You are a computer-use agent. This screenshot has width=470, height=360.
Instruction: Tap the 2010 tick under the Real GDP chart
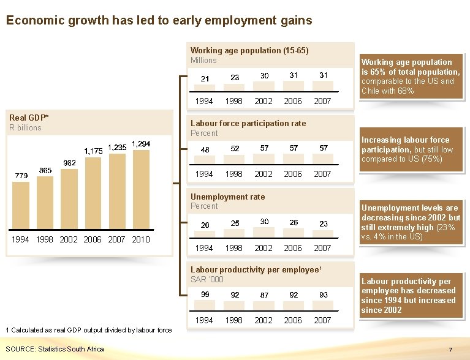click(x=141, y=239)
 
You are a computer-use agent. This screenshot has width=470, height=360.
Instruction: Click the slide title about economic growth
click(x=159, y=20)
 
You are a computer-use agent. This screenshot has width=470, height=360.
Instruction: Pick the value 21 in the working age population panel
click(x=205, y=78)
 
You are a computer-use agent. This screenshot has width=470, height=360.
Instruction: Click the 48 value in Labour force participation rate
click(x=205, y=150)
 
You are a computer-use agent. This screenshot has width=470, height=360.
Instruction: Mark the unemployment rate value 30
click(x=264, y=222)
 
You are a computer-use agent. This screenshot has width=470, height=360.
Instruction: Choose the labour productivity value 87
click(x=264, y=295)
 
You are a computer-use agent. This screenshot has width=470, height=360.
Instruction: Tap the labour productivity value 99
click(x=205, y=294)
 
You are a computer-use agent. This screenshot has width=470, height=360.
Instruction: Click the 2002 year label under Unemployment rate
click(x=264, y=248)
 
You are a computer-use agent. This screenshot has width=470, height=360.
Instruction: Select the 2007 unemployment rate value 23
click(x=323, y=224)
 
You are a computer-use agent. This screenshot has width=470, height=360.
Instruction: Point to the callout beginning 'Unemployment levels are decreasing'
click(x=411, y=222)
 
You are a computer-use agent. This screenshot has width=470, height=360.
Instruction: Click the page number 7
click(x=450, y=350)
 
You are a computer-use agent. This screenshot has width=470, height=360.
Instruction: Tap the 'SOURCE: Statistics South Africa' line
click(x=55, y=349)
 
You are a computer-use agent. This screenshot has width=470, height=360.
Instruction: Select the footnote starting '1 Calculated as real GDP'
click(x=88, y=330)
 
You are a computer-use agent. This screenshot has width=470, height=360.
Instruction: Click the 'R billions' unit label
click(x=25, y=127)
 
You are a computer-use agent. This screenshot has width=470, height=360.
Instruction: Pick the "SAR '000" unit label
click(x=207, y=279)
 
